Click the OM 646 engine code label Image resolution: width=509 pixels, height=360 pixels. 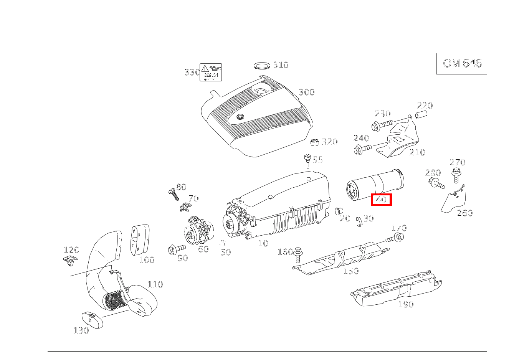coord(462,63)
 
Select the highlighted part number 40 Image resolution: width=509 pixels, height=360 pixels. coord(381,200)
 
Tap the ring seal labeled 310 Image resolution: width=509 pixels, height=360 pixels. coord(262,65)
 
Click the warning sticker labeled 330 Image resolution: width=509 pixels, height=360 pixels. coord(211,73)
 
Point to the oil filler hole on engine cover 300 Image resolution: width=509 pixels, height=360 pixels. coord(262,91)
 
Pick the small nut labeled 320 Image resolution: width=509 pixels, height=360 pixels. coord(315,142)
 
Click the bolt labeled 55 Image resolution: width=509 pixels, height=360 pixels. coord(307,161)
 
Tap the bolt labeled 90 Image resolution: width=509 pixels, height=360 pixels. coord(176,249)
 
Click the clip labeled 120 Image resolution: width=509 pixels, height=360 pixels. coord(69,261)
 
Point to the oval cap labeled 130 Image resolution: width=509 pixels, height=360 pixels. coord(93,320)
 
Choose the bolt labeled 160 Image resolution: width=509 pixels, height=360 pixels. coord(298,254)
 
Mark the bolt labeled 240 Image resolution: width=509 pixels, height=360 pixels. coord(362,149)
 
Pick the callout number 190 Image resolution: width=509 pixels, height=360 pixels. coord(405,305)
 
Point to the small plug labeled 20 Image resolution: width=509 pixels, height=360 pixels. coord(338,211)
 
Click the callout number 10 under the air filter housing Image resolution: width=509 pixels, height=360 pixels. coord(263,244)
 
